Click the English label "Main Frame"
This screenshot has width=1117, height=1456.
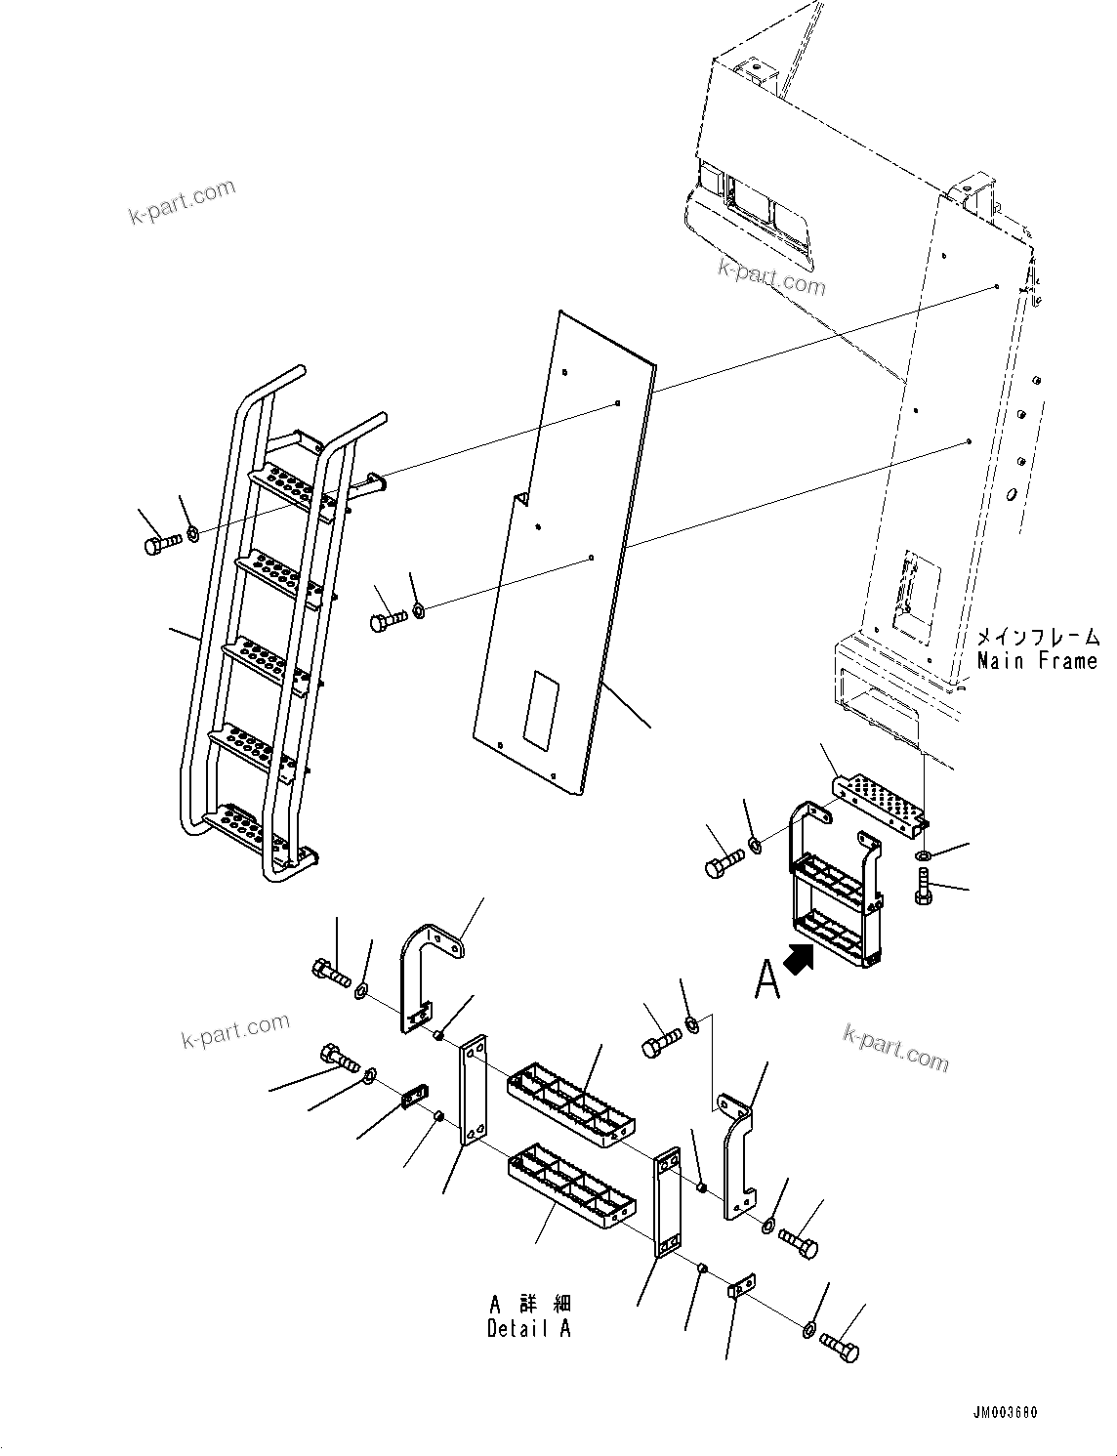pos(1037,661)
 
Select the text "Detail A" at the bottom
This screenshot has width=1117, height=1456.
pos(529,1328)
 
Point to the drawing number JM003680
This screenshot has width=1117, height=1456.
pos(1004,1413)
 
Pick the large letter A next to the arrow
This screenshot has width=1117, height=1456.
pos(767,978)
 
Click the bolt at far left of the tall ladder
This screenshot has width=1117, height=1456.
pos(161,543)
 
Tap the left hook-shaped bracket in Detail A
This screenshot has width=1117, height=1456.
pos(427,977)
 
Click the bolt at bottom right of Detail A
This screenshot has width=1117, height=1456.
pos(840,1348)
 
